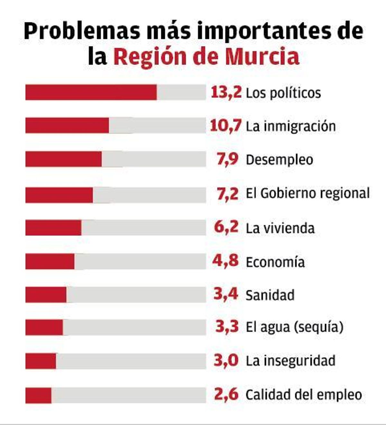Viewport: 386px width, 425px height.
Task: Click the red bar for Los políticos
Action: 91,92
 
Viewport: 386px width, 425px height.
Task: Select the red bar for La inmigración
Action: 67,125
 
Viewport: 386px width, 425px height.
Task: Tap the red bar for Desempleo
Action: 63,159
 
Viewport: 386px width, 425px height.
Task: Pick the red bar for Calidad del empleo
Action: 38,395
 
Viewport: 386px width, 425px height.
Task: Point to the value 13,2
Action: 226,93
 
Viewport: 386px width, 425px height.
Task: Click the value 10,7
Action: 225,126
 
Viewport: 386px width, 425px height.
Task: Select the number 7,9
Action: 227,159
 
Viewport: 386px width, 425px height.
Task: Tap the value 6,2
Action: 226,227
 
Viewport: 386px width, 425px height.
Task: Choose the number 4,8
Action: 225,261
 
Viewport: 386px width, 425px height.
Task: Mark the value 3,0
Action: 226,360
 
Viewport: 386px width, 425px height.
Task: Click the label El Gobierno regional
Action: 308,194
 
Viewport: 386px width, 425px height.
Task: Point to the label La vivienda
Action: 280,228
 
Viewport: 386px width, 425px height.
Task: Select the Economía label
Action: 275,262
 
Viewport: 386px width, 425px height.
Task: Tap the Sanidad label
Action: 270,295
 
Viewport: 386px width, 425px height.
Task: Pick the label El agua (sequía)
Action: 294,327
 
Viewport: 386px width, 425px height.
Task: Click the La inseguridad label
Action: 290,361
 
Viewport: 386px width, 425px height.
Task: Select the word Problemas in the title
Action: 82,31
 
